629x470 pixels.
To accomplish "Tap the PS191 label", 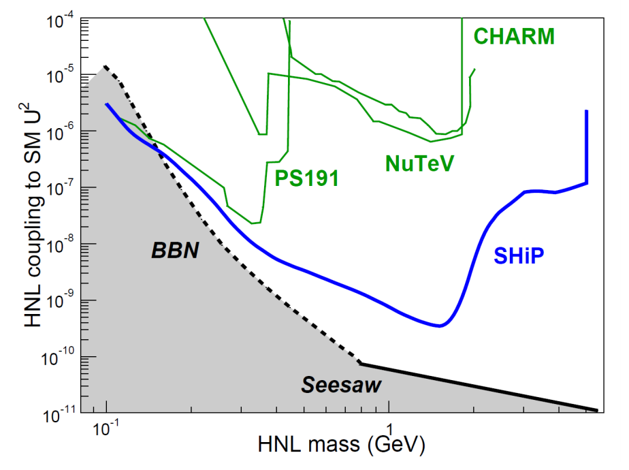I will point(306,178).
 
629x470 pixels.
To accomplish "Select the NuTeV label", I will point(419,163).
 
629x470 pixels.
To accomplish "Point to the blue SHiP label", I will point(521,256).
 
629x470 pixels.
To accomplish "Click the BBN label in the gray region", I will point(174,251).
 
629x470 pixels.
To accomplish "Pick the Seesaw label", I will point(342,386).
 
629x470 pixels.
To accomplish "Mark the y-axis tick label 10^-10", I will point(61,357).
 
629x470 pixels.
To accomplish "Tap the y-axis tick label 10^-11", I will point(61,413).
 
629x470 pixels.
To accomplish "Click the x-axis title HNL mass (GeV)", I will point(342,446).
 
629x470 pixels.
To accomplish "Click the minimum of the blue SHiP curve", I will point(440,326).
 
